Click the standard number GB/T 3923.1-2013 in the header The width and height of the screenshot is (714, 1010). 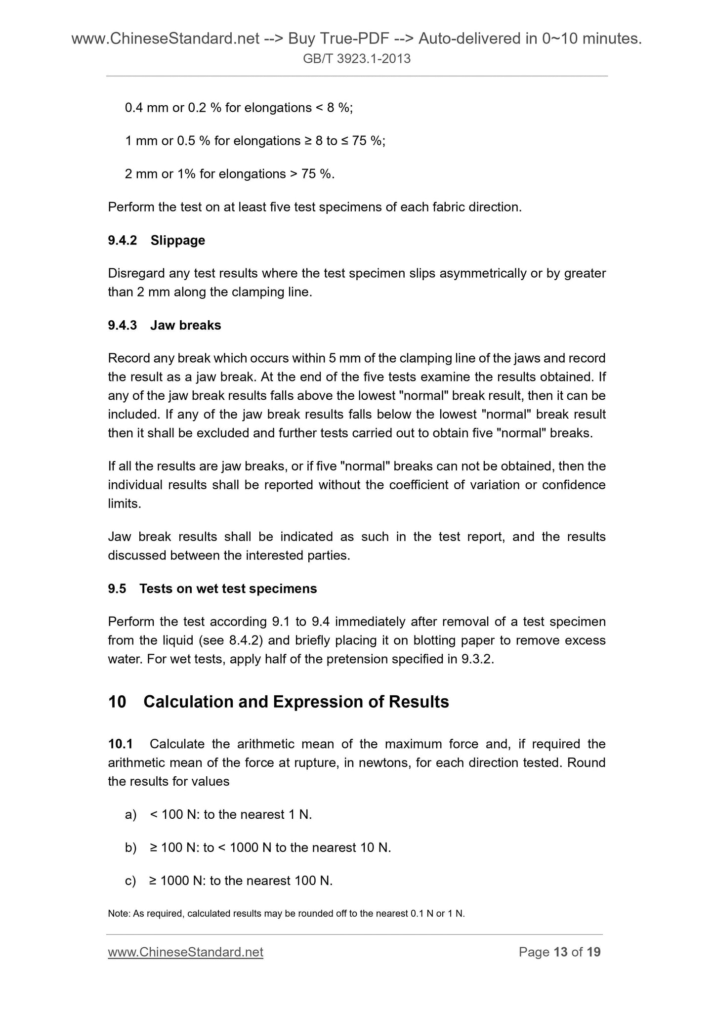point(357,59)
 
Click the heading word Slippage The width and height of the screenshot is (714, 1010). point(177,241)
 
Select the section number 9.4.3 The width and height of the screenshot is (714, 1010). point(122,326)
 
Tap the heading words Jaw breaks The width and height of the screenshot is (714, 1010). point(186,326)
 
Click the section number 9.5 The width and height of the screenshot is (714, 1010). point(117,589)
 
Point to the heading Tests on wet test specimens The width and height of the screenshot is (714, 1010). point(228,589)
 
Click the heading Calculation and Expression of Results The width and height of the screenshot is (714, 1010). point(296,702)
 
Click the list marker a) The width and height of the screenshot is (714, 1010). point(131,815)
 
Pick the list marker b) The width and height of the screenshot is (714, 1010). point(131,848)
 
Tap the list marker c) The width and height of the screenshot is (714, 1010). point(131,881)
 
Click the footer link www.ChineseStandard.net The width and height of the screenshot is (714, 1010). point(185,952)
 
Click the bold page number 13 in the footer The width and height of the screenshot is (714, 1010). point(561,952)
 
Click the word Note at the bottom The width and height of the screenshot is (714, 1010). point(118,914)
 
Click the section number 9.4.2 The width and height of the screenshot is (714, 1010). point(122,241)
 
